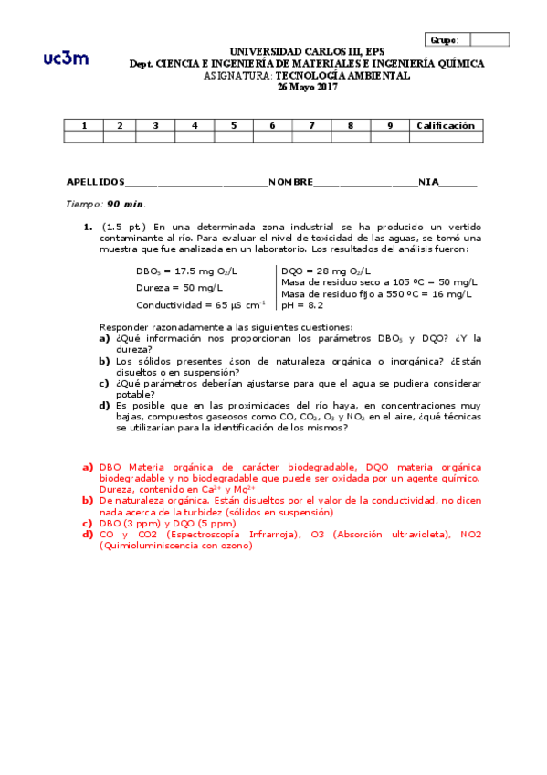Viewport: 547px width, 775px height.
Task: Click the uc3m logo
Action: pyautogui.click(x=66, y=58)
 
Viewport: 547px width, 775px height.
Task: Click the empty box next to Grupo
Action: pyautogui.click(x=490, y=39)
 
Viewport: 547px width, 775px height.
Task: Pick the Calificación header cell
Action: pyautogui.click(x=445, y=125)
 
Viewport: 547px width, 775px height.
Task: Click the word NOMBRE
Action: pyautogui.click(x=290, y=182)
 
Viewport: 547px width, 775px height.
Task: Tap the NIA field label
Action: pyautogui.click(x=428, y=182)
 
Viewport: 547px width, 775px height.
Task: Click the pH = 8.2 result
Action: pyautogui.click(x=302, y=305)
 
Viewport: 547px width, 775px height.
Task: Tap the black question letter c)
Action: pyautogui.click(x=105, y=383)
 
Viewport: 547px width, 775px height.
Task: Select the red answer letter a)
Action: pyautogui.click(x=88, y=467)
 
